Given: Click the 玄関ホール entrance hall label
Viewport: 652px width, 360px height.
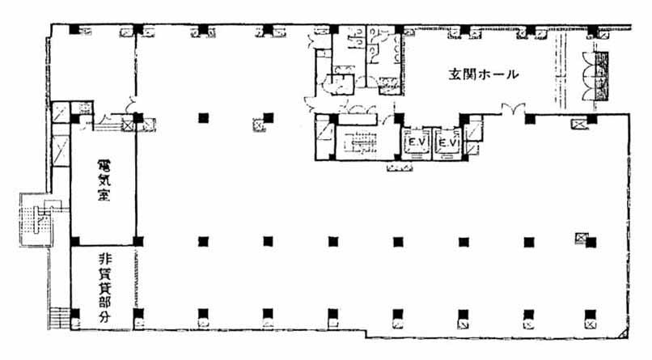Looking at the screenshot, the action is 484,74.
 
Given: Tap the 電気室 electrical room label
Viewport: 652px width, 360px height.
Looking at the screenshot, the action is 104,181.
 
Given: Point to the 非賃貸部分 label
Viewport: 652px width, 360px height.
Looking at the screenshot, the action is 104,288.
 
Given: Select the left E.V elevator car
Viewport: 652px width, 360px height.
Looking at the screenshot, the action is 417,142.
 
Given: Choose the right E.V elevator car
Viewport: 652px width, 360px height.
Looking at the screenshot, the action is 448,142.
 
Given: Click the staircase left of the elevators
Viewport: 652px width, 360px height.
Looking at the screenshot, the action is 360,143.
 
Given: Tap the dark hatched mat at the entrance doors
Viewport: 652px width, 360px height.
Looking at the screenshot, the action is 601,76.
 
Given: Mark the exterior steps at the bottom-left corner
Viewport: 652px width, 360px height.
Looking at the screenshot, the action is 60,318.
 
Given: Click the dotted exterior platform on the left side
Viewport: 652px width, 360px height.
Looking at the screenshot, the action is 36,219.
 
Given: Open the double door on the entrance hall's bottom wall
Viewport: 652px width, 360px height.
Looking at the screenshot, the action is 513,109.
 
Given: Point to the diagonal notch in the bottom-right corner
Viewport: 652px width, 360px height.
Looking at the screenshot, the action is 624,333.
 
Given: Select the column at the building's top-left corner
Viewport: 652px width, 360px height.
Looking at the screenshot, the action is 74,29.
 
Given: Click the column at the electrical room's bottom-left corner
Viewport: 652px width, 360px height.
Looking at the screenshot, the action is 75,242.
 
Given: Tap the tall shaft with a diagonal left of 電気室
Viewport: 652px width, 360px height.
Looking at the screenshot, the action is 61,150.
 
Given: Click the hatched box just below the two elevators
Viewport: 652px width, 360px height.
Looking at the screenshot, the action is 400,167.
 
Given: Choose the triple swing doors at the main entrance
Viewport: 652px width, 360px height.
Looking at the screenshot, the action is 588,76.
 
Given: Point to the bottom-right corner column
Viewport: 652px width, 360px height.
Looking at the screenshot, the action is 590,315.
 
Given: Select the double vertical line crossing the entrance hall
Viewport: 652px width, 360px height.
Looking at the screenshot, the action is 561,70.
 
